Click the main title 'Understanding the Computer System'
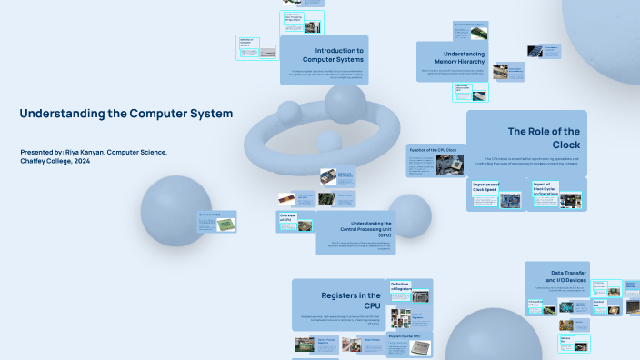tap(125, 114)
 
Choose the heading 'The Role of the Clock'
tap(544, 137)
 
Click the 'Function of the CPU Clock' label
tap(433, 149)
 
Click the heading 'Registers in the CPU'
tap(351, 299)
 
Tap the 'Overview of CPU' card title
tap(285, 218)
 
